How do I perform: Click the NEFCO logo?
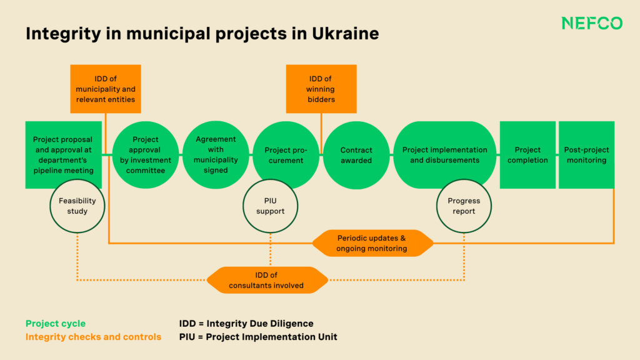click(x=591, y=24)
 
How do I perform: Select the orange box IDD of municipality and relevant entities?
click(x=106, y=89)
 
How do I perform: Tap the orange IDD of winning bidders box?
click(x=321, y=89)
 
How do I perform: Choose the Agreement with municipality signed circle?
click(x=216, y=155)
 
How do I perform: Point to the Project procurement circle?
click(x=286, y=155)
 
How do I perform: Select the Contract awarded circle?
click(x=356, y=155)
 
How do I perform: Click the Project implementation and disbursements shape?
click(x=444, y=155)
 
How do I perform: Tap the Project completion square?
click(x=527, y=155)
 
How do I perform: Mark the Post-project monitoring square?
click(x=586, y=155)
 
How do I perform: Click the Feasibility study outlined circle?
click(x=77, y=206)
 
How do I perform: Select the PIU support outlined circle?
click(x=270, y=206)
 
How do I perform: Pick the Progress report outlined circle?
click(x=464, y=206)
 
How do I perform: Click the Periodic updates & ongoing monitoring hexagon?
click(x=372, y=243)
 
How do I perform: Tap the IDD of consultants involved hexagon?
click(x=266, y=280)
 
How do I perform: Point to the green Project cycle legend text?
click(x=56, y=324)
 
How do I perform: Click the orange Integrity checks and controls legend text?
click(x=93, y=337)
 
